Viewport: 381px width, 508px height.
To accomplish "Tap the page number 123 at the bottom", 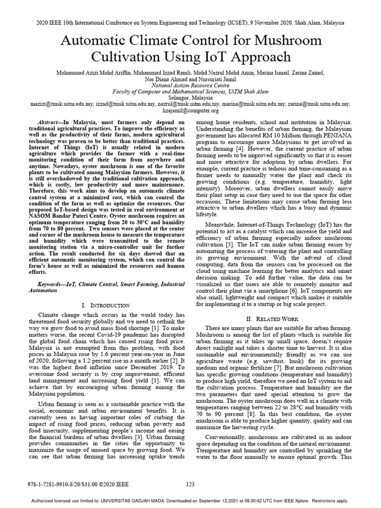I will (190, 485).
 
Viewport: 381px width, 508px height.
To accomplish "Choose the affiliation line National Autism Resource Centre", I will (190, 85).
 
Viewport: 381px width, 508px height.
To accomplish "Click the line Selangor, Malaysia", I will (190, 98).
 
